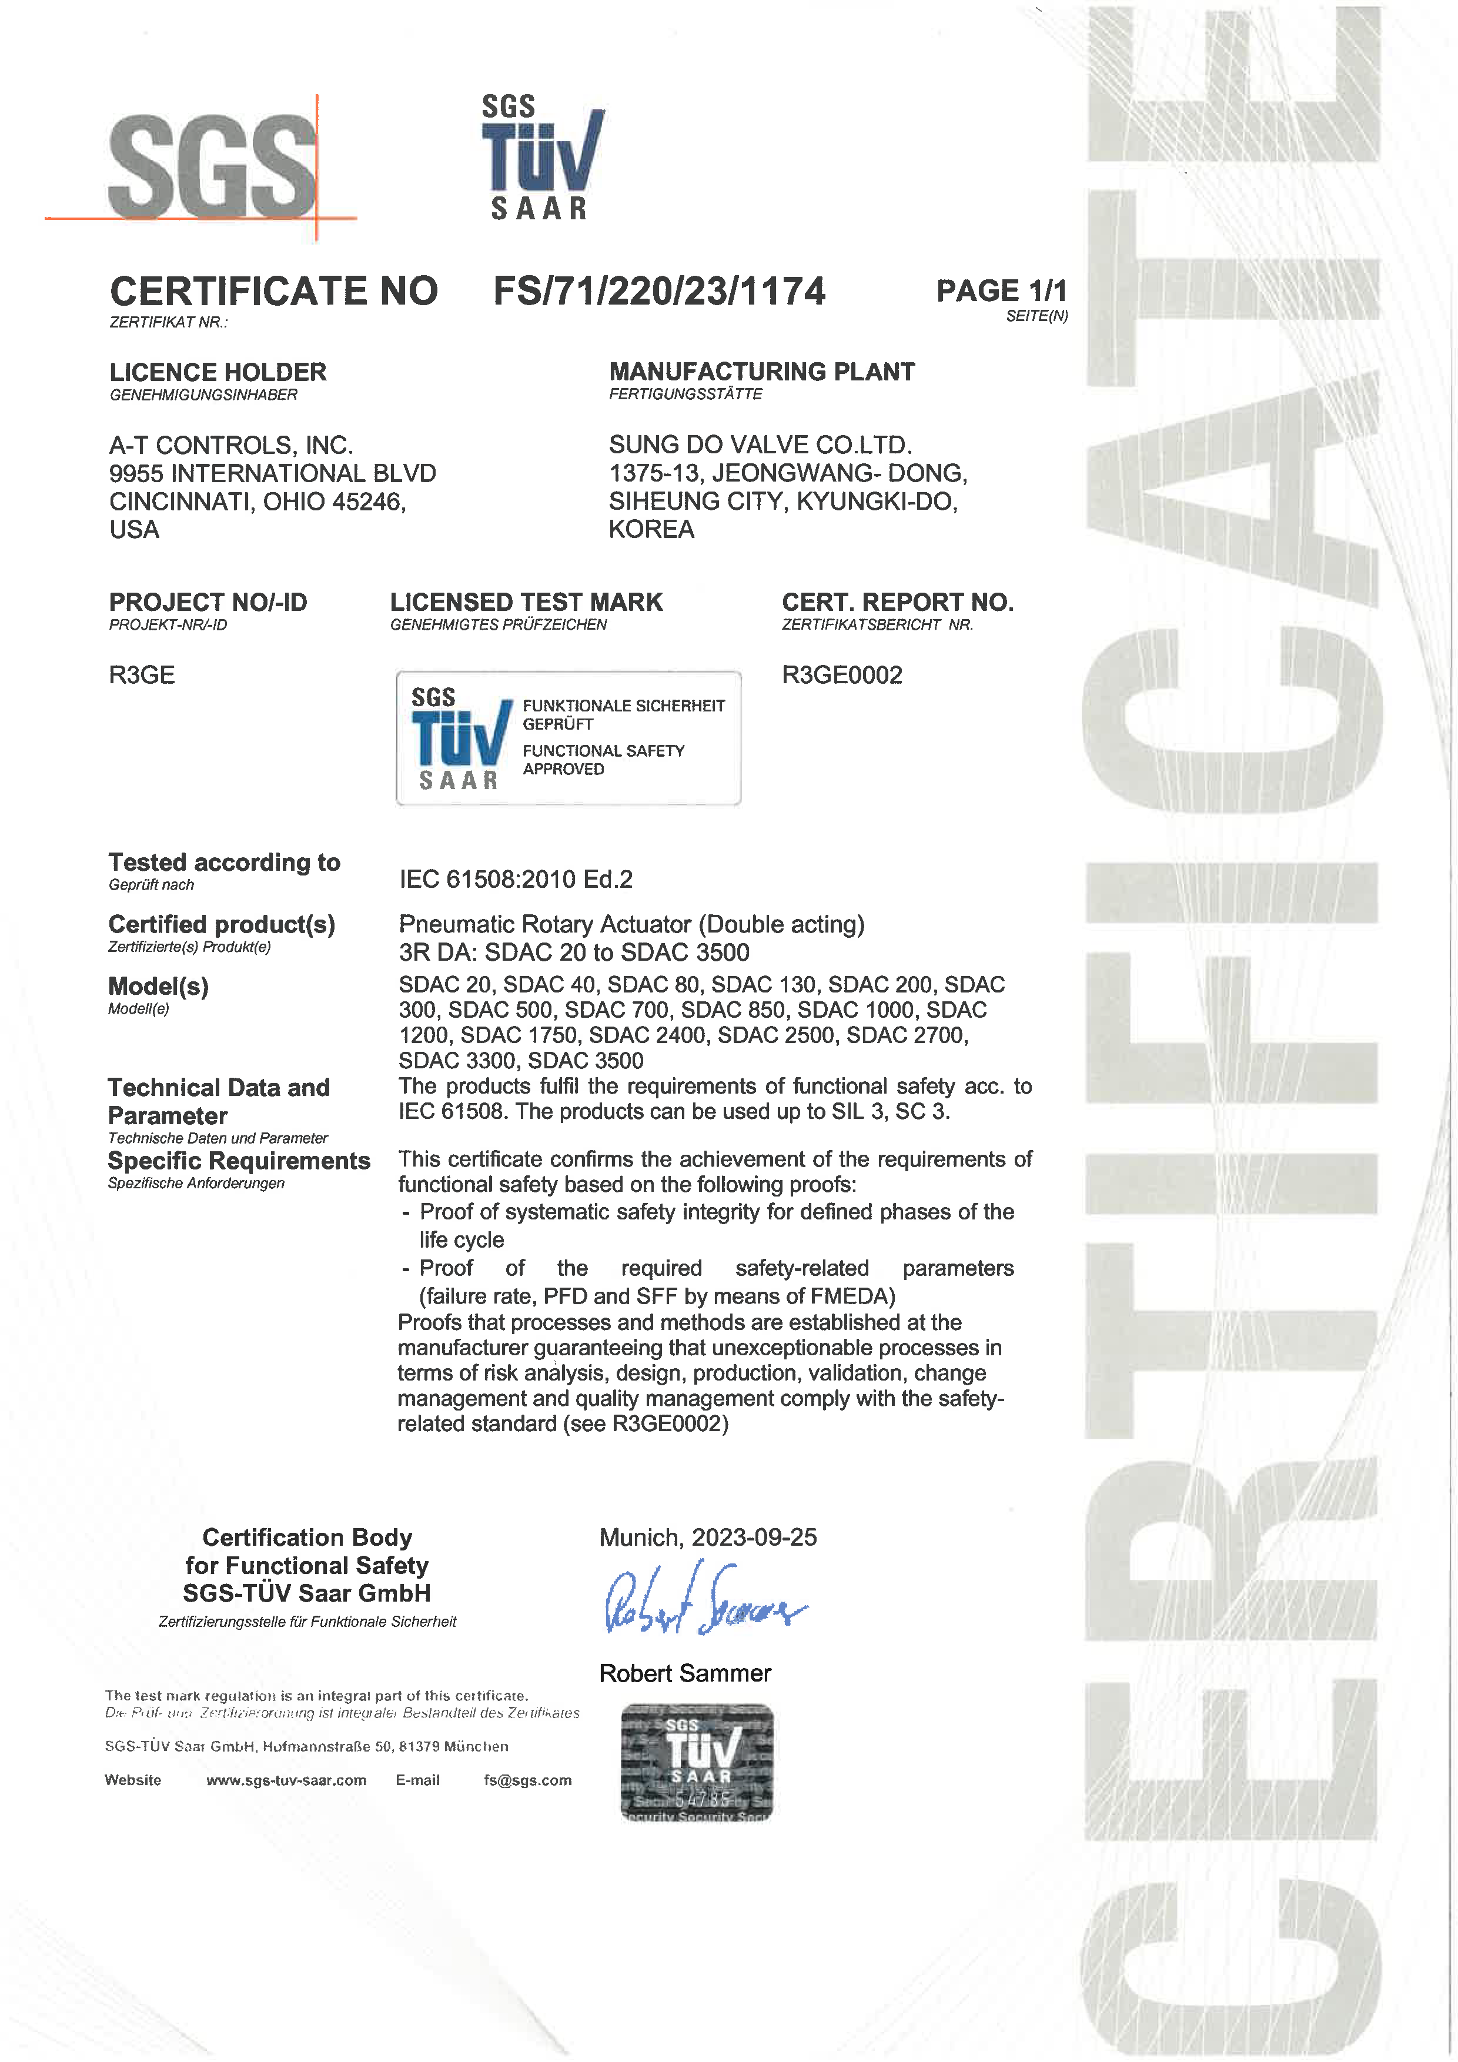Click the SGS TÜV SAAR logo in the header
click(541, 158)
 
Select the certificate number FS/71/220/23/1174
click(659, 291)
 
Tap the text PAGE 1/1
click(1001, 291)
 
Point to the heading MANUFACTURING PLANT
click(761, 371)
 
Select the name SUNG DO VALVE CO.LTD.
click(760, 445)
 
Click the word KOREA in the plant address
click(651, 529)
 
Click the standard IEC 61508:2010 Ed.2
click(516, 878)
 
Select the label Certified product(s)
click(222, 924)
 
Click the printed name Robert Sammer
click(685, 1673)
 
